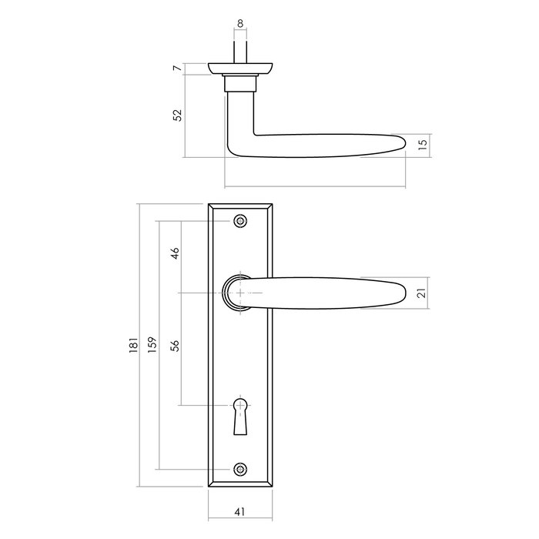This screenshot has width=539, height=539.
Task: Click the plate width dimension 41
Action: [x=241, y=510]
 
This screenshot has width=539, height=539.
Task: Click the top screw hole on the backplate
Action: [x=241, y=221]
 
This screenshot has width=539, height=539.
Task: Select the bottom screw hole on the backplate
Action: [x=241, y=469]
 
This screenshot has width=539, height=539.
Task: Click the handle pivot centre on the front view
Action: [x=241, y=293]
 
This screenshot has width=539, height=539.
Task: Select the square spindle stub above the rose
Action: [x=241, y=50]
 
